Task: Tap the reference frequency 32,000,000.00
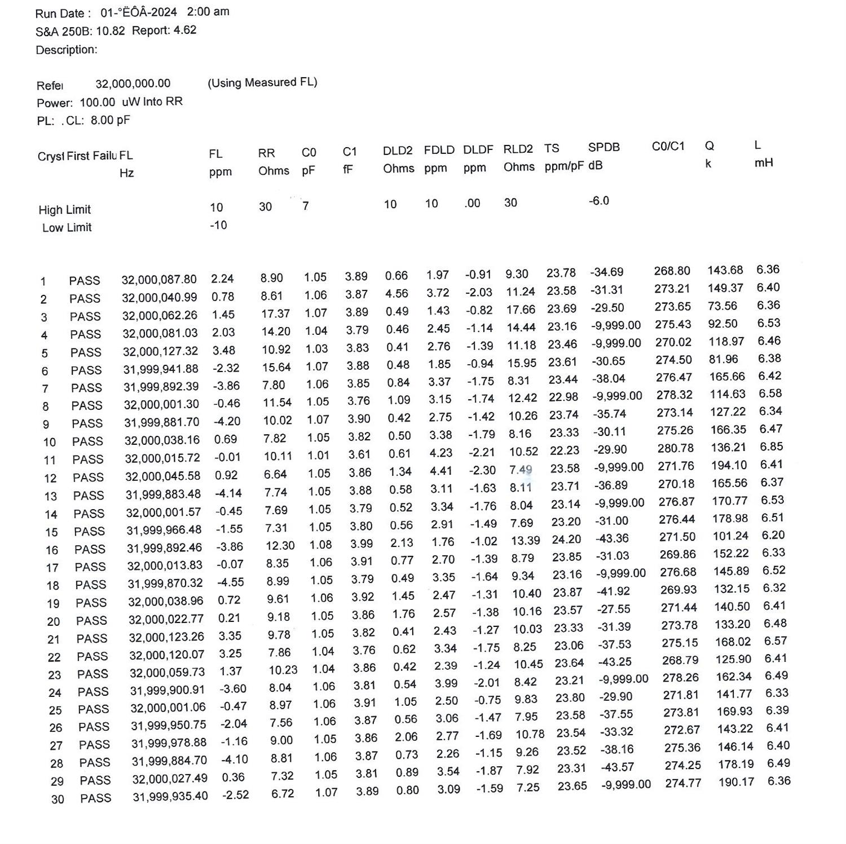tap(133, 84)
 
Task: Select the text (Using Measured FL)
tap(262, 83)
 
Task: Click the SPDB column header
tap(603, 148)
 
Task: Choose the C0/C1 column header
tap(668, 147)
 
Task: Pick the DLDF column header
tap(478, 150)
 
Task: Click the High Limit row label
tap(64, 210)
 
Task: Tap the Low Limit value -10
tap(218, 225)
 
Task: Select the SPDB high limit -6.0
tap(599, 201)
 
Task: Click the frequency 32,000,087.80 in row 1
tap(159, 279)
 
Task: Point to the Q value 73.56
tap(722, 306)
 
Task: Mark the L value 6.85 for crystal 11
tap(771, 447)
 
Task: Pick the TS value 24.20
tap(566, 540)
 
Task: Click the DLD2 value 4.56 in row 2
tap(396, 294)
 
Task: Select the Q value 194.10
tap(729, 465)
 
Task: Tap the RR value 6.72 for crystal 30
tap(283, 793)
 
